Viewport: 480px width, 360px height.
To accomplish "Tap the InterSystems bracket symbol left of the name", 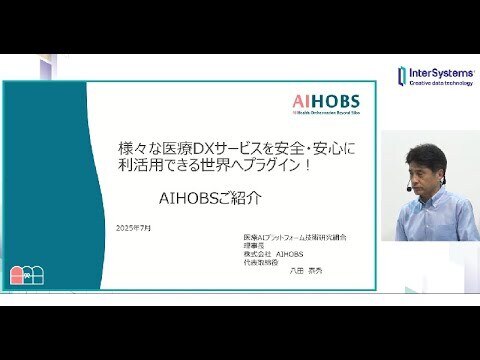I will (402, 77).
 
